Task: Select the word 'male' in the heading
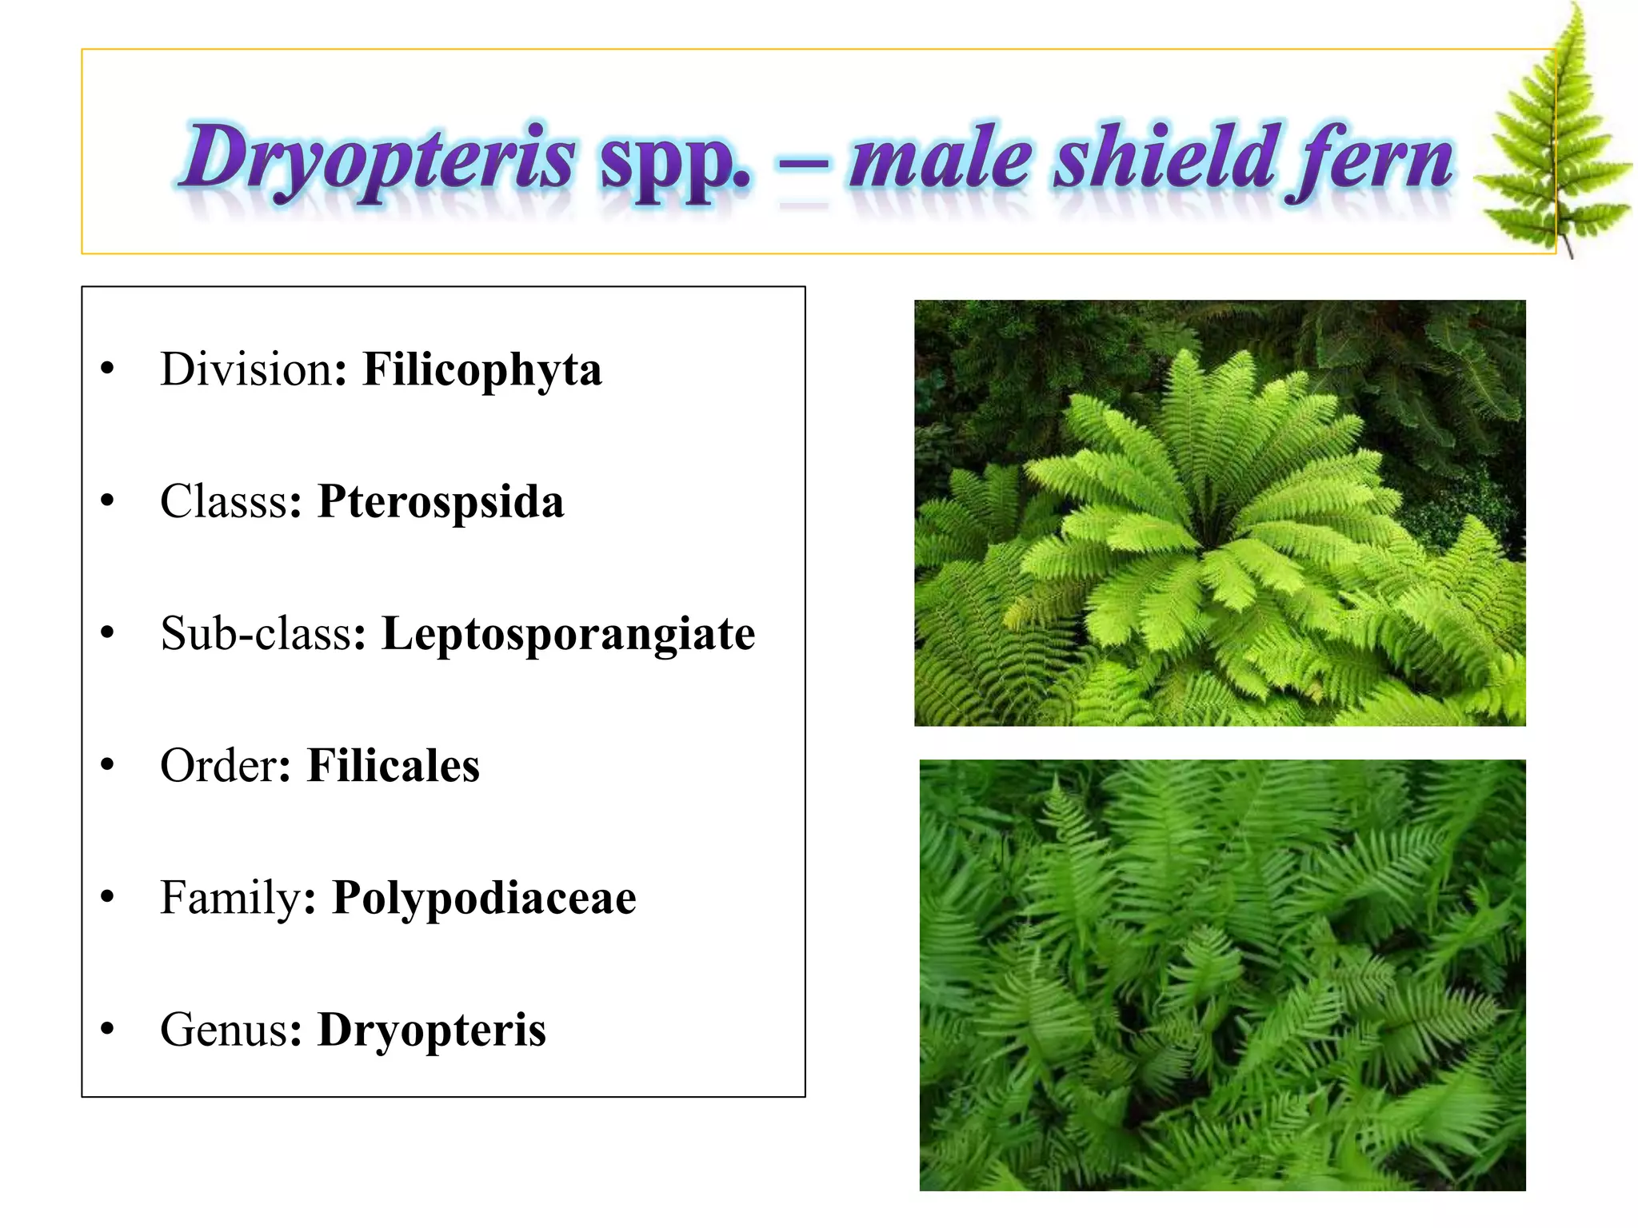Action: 940,160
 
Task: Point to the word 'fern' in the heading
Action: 1371,160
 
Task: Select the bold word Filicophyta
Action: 481,369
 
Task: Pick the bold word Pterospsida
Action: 441,501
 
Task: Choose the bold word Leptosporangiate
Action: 568,633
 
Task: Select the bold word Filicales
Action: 393,765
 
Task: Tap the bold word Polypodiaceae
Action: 484,897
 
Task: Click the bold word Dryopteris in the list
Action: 432,1029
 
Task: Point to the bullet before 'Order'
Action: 108,765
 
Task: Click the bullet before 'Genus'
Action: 108,1029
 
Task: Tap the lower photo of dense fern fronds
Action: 1222,975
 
